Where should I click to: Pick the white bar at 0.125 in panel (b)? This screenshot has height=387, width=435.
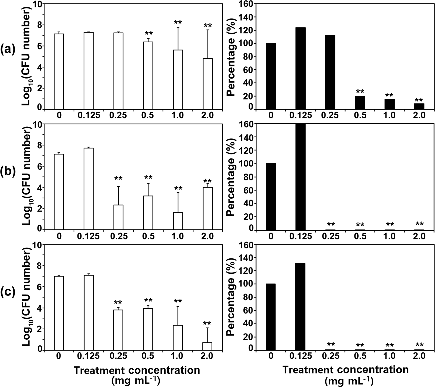point(89,189)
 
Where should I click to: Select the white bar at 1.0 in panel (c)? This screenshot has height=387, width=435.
point(178,338)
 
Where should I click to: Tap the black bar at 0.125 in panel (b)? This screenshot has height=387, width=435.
point(300,177)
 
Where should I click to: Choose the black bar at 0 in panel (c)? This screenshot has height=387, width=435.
point(271,317)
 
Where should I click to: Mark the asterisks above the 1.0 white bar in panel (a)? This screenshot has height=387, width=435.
point(178,22)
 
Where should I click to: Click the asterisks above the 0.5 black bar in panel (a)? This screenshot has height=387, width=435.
point(360,92)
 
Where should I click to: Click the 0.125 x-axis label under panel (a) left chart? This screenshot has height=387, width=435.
point(89,116)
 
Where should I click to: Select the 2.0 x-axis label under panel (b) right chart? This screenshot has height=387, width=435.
point(419,236)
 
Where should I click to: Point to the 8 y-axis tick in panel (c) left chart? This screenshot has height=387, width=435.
point(39,266)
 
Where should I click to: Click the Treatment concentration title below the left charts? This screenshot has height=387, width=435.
point(137,370)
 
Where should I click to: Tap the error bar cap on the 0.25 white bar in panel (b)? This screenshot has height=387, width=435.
point(118,186)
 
